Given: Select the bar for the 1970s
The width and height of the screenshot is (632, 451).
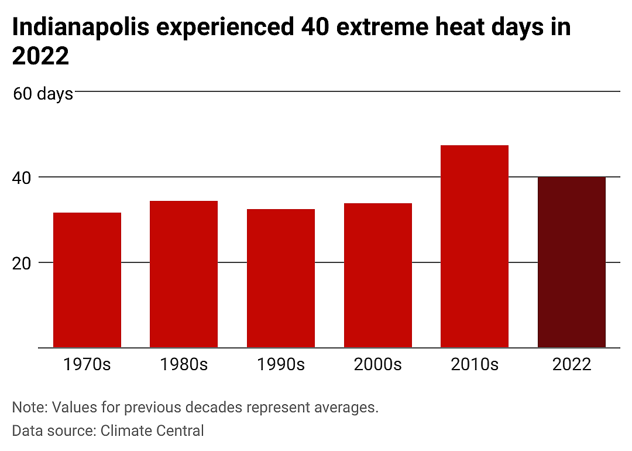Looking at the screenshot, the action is (87, 280).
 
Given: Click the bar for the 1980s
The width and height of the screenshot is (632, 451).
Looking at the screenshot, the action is (184, 274).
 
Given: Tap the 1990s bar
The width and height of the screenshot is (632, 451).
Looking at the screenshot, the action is (281, 278).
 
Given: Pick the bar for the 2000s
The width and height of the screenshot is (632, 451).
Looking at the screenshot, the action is (378, 275).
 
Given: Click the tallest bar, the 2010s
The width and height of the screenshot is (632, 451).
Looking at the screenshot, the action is (475, 247).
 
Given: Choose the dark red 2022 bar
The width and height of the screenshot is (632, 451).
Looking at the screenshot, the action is (572, 262).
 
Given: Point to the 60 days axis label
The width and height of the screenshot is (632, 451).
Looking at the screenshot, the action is (43, 94).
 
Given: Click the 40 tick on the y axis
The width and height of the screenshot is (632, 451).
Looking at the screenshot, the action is (22, 178).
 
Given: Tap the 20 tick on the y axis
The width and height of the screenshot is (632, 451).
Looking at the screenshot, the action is (22, 264).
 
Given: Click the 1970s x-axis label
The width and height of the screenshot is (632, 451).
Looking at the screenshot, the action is (87, 364).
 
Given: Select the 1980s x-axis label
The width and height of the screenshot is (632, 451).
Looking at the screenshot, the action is (184, 364).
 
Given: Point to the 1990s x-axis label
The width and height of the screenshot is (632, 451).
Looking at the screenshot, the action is (281, 364).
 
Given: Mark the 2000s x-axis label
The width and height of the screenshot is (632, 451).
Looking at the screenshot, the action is (378, 364).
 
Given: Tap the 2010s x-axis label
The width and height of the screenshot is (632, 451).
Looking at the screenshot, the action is (475, 364).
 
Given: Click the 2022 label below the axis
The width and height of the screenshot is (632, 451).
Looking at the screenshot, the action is (572, 364).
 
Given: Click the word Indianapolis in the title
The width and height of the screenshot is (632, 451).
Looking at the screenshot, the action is (81, 28).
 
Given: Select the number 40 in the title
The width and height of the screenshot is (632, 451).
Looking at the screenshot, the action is (315, 27).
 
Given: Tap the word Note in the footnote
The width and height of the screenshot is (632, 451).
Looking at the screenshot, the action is (30, 408).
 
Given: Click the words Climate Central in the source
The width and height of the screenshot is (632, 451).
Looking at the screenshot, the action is (152, 430).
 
